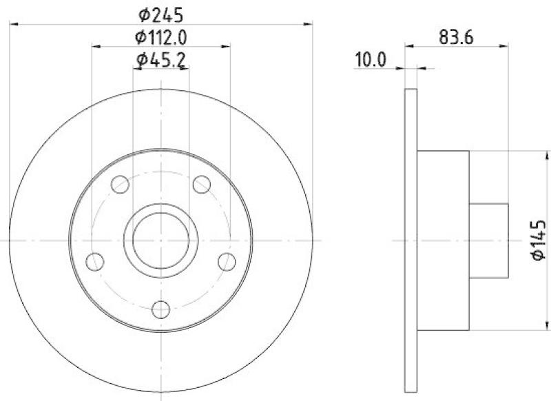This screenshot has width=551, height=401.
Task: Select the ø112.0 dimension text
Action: point(162,37)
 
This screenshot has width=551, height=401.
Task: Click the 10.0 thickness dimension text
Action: point(370,60)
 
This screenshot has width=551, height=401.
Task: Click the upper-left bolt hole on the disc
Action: point(121,185)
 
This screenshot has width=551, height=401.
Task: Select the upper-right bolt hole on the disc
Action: point(201,184)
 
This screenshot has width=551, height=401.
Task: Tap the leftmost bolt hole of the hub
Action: point(95,261)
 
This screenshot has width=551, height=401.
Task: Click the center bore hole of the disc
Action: point(161,240)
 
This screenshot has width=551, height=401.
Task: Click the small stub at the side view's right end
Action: point(488,240)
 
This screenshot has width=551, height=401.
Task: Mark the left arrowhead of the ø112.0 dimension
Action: point(96,47)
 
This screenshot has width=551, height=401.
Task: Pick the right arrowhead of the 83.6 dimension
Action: point(504,47)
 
